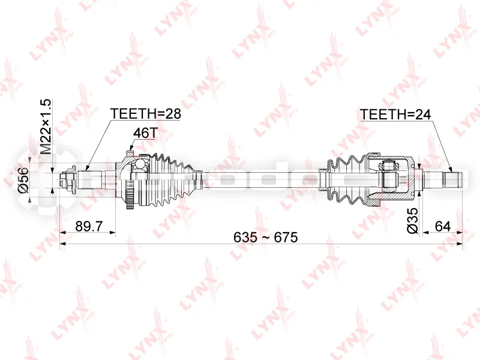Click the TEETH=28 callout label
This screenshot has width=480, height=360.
click(146, 113)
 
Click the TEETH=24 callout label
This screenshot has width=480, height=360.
click(396, 115)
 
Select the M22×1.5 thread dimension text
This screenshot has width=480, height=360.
click(46, 127)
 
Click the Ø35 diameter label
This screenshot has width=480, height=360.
click(413, 221)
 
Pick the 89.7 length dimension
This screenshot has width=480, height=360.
click(89, 227)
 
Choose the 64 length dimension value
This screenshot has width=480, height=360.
click(443, 227)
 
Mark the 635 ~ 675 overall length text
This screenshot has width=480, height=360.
click(265, 237)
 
